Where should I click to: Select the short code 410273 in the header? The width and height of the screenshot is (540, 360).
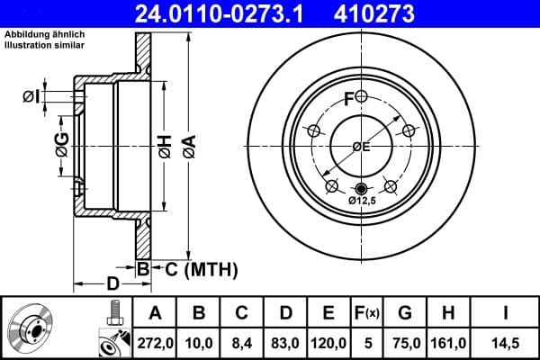(x=400, y=13)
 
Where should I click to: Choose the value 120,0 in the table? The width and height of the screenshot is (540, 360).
(x=328, y=342)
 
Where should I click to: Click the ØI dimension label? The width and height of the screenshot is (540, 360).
(x=30, y=96)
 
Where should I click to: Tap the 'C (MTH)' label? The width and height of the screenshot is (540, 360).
(x=201, y=268)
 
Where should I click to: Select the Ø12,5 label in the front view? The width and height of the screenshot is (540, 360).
(x=363, y=202)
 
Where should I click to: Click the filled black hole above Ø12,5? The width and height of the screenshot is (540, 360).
(x=362, y=188)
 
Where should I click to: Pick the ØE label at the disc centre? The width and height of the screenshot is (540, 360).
(x=361, y=146)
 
